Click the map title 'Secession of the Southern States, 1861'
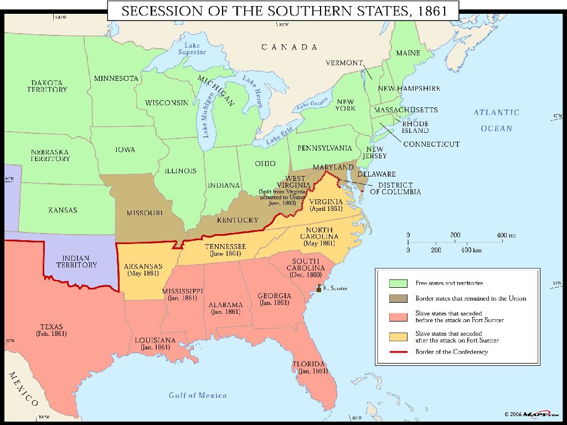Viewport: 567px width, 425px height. [x=283, y=11]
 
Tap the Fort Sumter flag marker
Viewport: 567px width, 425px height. [x=319, y=288]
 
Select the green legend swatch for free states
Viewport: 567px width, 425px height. [x=398, y=283]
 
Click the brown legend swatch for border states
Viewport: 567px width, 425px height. [x=398, y=299]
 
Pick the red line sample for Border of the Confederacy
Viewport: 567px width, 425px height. [x=398, y=352]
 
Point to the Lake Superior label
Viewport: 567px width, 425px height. [x=192, y=49]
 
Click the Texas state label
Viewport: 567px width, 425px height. [x=51, y=330]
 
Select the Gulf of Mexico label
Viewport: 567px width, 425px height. [x=198, y=395]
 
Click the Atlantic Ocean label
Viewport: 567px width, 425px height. [x=496, y=120]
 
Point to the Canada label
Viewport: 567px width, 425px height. [x=290, y=47]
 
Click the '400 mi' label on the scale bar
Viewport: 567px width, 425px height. [x=506, y=235]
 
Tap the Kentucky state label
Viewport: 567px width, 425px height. [x=238, y=220]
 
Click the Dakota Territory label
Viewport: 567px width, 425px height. [x=47, y=86]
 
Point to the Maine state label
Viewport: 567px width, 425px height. [x=408, y=53]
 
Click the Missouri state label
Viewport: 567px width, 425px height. [x=144, y=213]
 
